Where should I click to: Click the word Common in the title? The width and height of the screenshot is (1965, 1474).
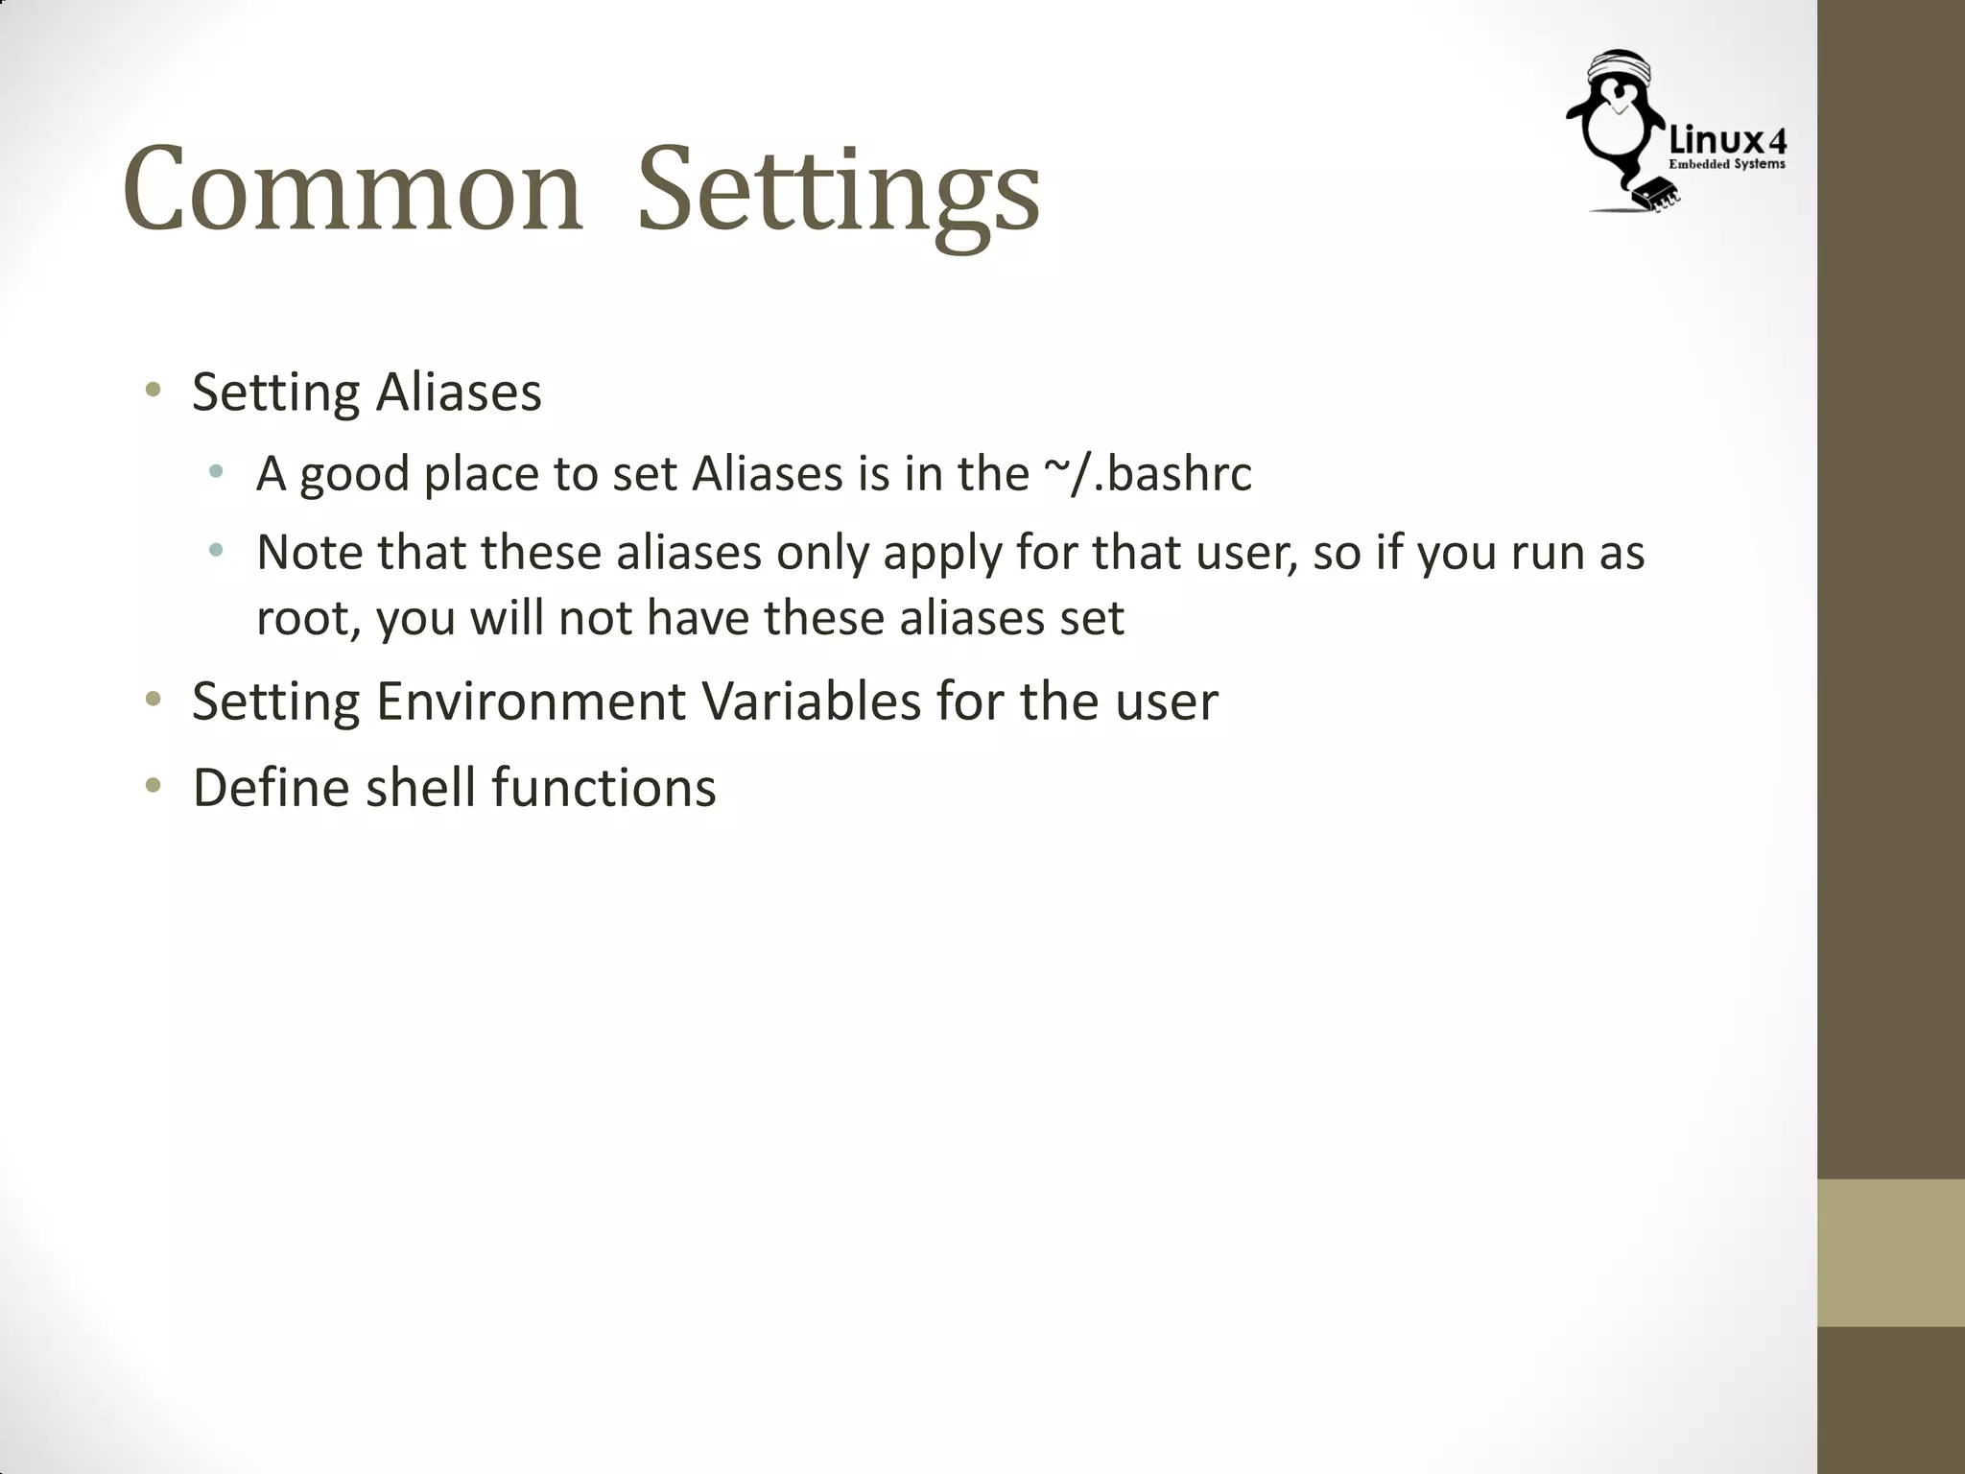(351, 190)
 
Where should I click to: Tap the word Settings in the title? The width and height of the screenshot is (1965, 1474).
(838, 192)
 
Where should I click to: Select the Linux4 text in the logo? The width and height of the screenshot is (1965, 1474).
(1727, 142)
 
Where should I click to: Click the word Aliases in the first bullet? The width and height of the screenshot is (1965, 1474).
(459, 392)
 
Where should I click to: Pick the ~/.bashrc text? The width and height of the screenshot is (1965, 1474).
(1148, 474)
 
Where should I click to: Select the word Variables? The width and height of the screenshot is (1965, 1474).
(812, 701)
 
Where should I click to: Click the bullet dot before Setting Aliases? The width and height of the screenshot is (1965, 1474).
(153, 390)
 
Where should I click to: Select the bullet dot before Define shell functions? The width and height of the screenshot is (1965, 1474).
(153, 786)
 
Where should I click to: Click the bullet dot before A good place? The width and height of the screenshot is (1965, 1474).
(217, 471)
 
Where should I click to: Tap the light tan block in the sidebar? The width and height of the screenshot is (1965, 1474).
(1890, 1252)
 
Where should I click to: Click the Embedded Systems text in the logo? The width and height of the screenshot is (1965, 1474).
(1727, 164)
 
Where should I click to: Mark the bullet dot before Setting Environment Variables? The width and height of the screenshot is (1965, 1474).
(153, 699)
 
